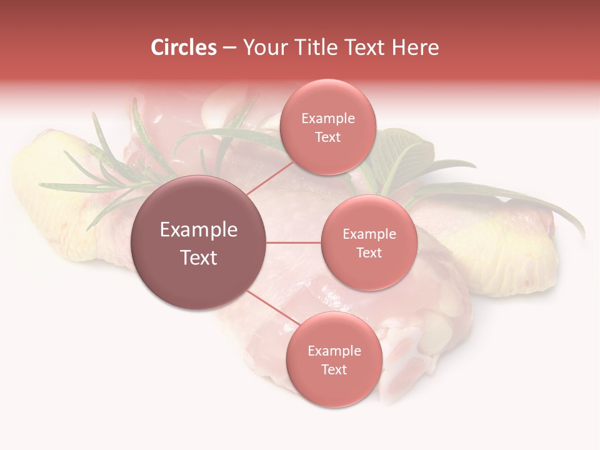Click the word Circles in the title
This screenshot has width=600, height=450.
pyautogui.click(x=184, y=47)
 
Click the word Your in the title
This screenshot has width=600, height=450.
pyautogui.click(x=262, y=47)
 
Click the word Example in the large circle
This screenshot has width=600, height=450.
pyautogui.click(x=199, y=230)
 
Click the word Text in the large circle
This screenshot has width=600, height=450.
pyautogui.click(x=199, y=257)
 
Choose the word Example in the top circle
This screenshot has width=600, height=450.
pyautogui.click(x=328, y=119)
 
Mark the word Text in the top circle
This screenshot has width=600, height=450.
pyautogui.click(x=328, y=137)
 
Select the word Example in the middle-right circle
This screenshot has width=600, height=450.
pyautogui.click(x=369, y=234)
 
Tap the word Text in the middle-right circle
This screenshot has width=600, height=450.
pyautogui.click(x=369, y=253)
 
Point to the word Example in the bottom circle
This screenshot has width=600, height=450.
pyautogui.click(x=334, y=351)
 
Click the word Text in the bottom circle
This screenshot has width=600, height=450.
pyautogui.click(x=334, y=370)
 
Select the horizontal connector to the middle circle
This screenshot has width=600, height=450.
pyautogui.click(x=294, y=242)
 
